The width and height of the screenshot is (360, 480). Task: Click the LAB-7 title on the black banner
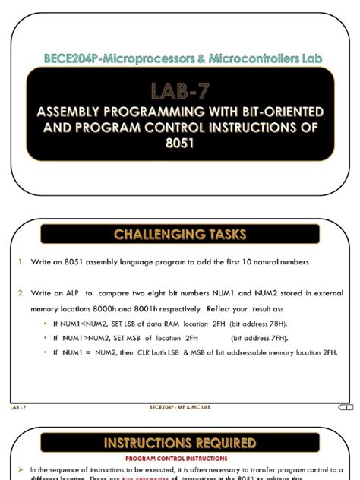180,90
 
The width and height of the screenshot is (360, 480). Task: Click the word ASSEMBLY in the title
71,112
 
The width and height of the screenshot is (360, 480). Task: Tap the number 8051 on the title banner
180,142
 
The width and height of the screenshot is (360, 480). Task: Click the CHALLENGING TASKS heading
180,235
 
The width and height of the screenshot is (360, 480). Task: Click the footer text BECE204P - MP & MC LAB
180,408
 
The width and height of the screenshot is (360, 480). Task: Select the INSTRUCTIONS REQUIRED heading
180,442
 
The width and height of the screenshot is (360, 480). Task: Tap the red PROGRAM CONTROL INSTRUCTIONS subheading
180,459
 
